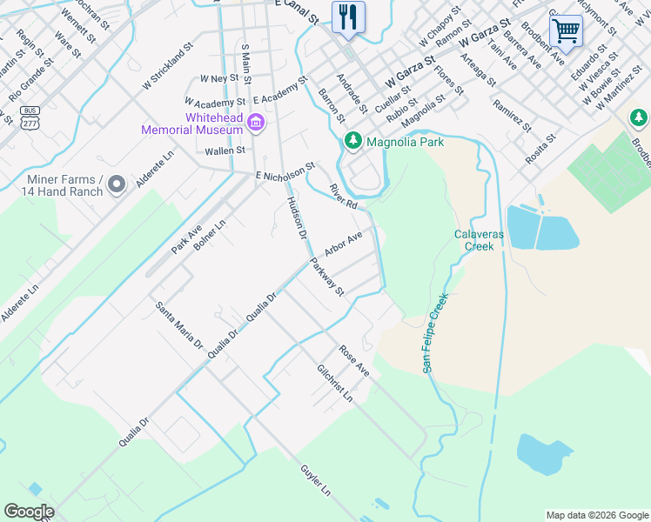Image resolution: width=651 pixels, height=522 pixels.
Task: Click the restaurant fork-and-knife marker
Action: pos(348,17)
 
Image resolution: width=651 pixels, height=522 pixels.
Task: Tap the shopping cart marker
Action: pos(566,31)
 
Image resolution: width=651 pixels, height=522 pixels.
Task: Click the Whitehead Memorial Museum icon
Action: pos(255,121)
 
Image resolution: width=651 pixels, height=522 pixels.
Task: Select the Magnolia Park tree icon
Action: pos(353,141)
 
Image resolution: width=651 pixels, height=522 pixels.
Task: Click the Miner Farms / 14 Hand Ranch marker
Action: pos(118,184)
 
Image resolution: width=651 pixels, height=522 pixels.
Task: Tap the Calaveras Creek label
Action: pos(473,240)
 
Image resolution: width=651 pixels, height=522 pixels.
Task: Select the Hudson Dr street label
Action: pos(296,218)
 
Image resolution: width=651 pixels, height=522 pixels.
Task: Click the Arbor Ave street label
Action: pos(343,244)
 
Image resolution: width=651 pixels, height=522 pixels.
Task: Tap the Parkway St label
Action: pos(328,278)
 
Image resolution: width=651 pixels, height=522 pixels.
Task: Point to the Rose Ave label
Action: pos(354,360)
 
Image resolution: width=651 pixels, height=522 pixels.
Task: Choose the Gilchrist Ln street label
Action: pos(335,383)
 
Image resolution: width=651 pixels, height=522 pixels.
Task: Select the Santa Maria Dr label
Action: pos(179,325)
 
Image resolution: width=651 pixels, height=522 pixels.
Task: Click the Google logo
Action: pos(30,512)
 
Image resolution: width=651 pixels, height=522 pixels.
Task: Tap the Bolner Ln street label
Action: pos(210,235)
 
